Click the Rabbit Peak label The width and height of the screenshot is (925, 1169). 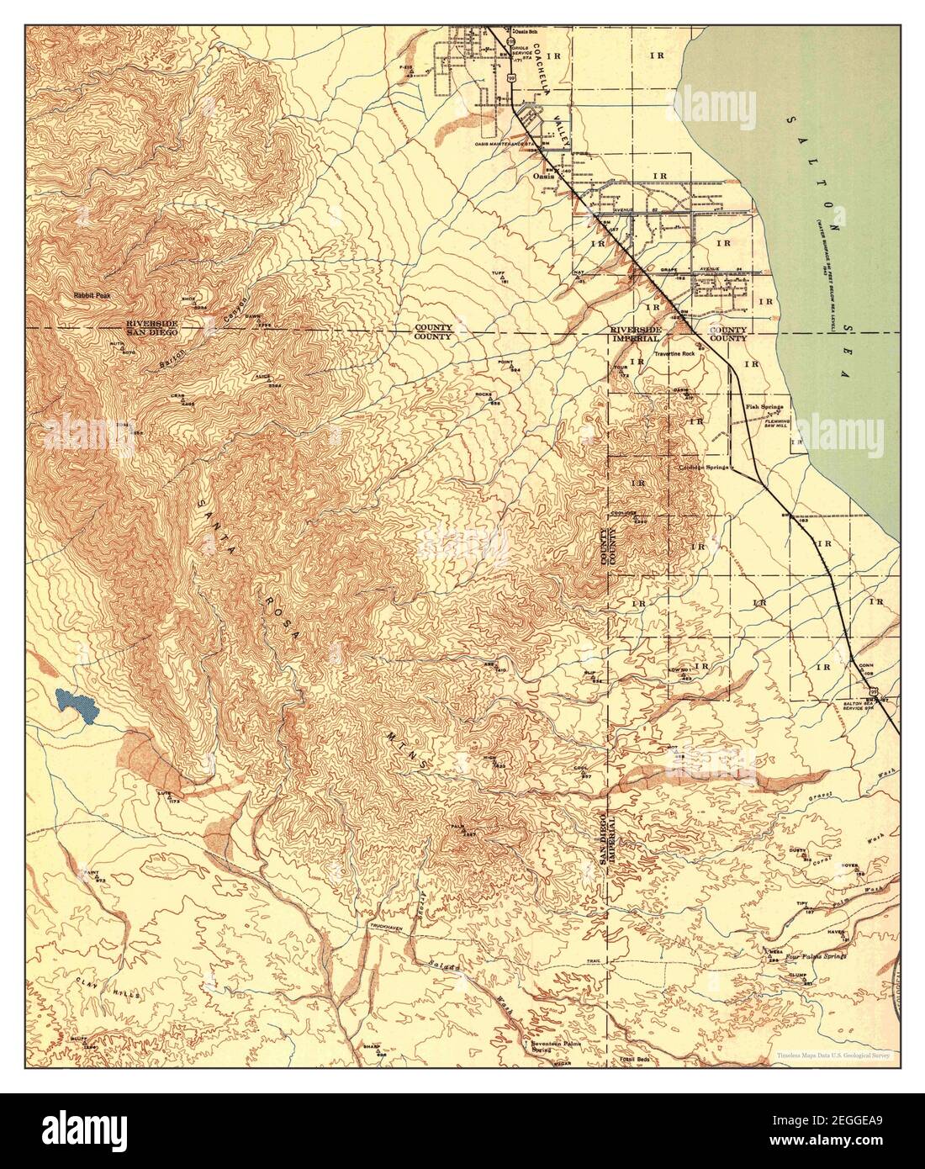click(x=92, y=296)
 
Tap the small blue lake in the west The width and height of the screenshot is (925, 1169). click(x=74, y=705)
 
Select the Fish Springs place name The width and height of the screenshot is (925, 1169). click(x=763, y=408)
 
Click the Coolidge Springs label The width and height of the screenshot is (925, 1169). click(x=705, y=467)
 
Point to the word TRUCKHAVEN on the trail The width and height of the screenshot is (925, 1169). click(x=388, y=926)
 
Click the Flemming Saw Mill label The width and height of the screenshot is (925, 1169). click(x=769, y=422)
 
